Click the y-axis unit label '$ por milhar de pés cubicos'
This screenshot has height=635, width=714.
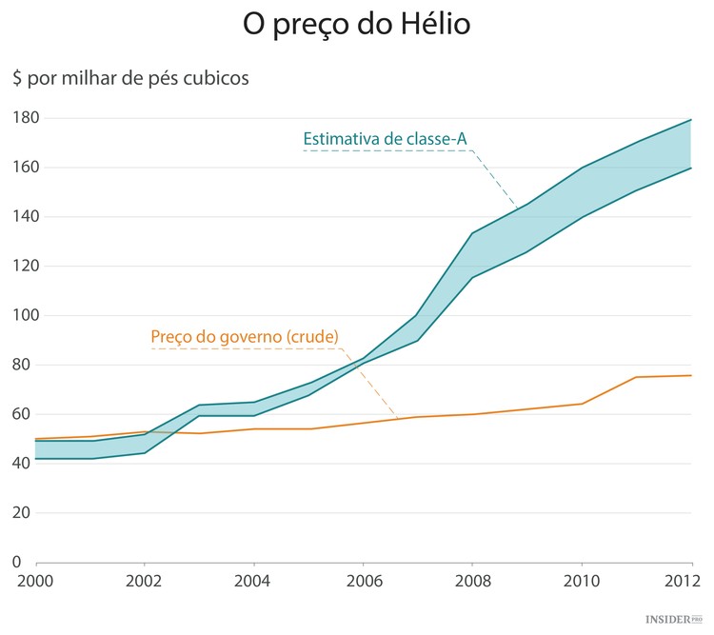pyautogui.click(x=130, y=78)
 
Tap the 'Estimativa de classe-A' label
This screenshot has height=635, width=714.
pyautogui.click(x=385, y=139)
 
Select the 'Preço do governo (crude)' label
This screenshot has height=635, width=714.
pyautogui.click(x=245, y=336)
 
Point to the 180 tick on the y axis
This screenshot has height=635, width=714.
pyautogui.click(x=24, y=118)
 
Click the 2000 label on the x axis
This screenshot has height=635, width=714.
pyautogui.click(x=36, y=582)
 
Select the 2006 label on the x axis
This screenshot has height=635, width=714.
pyautogui.click(x=363, y=582)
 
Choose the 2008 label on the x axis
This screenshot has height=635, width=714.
pyautogui.click(x=472, y=582)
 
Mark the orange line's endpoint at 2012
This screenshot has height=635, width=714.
pyautogui.click(x=691, y=375)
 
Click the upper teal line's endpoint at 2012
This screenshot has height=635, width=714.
pyautogui.click(x=691, y=120)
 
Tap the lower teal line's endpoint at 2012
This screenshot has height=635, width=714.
pyautogui.click(x=691, y=169)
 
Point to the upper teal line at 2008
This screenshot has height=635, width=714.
pyautogui.click(x=472, y=233)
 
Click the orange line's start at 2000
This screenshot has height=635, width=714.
pyautogui.click(x=36, y=439)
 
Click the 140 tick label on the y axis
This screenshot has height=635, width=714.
pyautogui.click(x=24, y=217)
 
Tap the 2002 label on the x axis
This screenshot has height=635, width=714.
pyautogui.click(x=145, y=582)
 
